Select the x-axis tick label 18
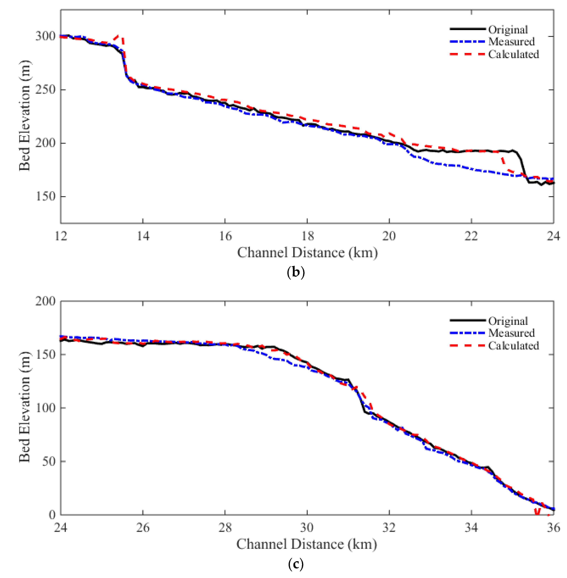307,236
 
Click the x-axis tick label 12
61,236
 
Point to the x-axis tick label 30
307,527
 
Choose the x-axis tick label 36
553,527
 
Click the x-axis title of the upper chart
307,253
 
